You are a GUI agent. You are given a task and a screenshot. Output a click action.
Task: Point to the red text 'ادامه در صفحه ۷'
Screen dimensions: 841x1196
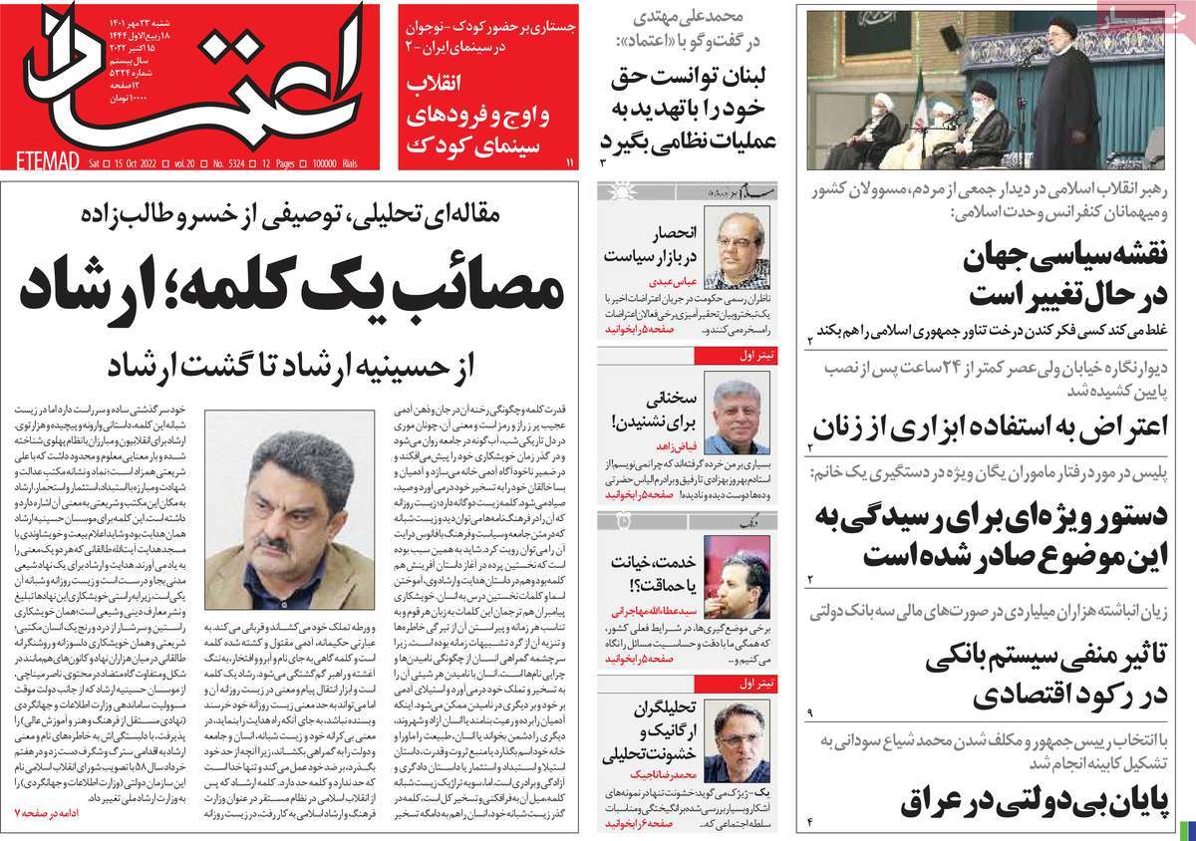coord(50,813)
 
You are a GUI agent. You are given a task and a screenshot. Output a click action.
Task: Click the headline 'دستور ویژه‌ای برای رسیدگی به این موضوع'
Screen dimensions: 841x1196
coord(1006,533)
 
